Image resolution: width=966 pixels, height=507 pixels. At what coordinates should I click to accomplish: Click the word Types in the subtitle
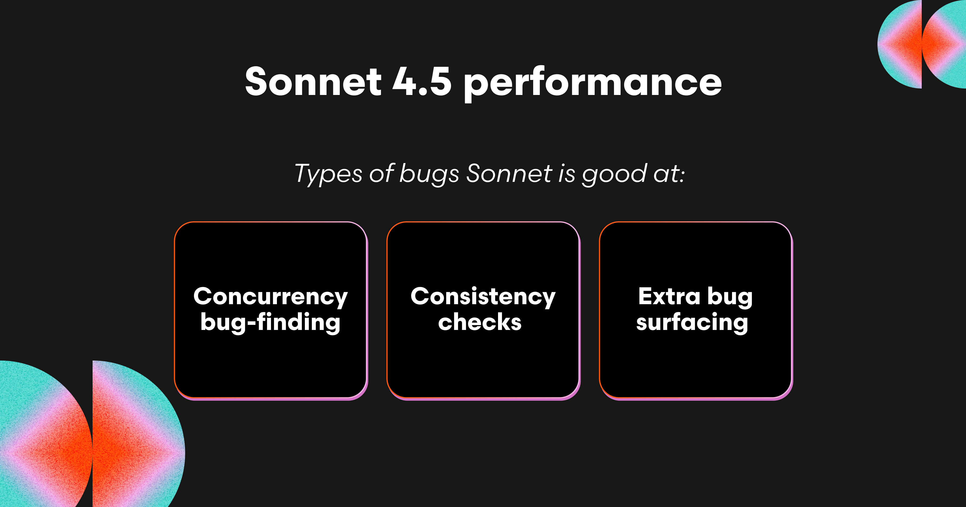(x=328, y=174)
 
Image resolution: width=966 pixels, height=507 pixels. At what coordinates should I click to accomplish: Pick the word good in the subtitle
(x=614, y=174)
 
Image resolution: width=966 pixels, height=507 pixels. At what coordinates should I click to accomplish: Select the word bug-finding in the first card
(x=270, y=322)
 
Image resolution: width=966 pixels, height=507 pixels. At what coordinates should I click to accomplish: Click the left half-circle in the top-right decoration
(x=900, y=44)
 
